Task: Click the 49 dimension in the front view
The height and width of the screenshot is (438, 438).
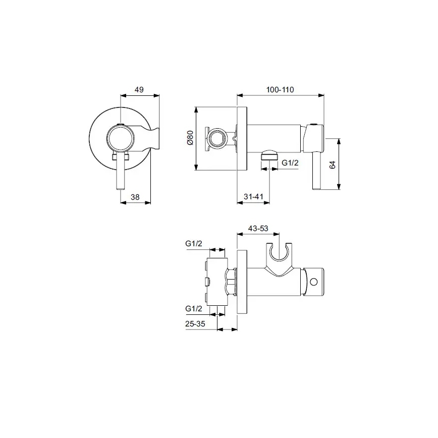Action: point(140,89)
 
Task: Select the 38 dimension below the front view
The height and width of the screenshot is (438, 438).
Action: point(135,197)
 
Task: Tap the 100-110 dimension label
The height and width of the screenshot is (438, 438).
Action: point(280,89)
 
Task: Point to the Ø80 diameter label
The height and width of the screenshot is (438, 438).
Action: point(190,138)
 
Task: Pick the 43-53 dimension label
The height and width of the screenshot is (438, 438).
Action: point(258,229)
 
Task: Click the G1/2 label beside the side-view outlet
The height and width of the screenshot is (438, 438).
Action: point(291,162)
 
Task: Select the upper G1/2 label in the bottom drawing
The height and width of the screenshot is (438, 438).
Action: point(194,244)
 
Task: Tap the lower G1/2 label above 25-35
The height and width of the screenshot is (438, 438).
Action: point(194,308)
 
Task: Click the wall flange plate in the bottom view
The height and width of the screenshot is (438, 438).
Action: point(242,283)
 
